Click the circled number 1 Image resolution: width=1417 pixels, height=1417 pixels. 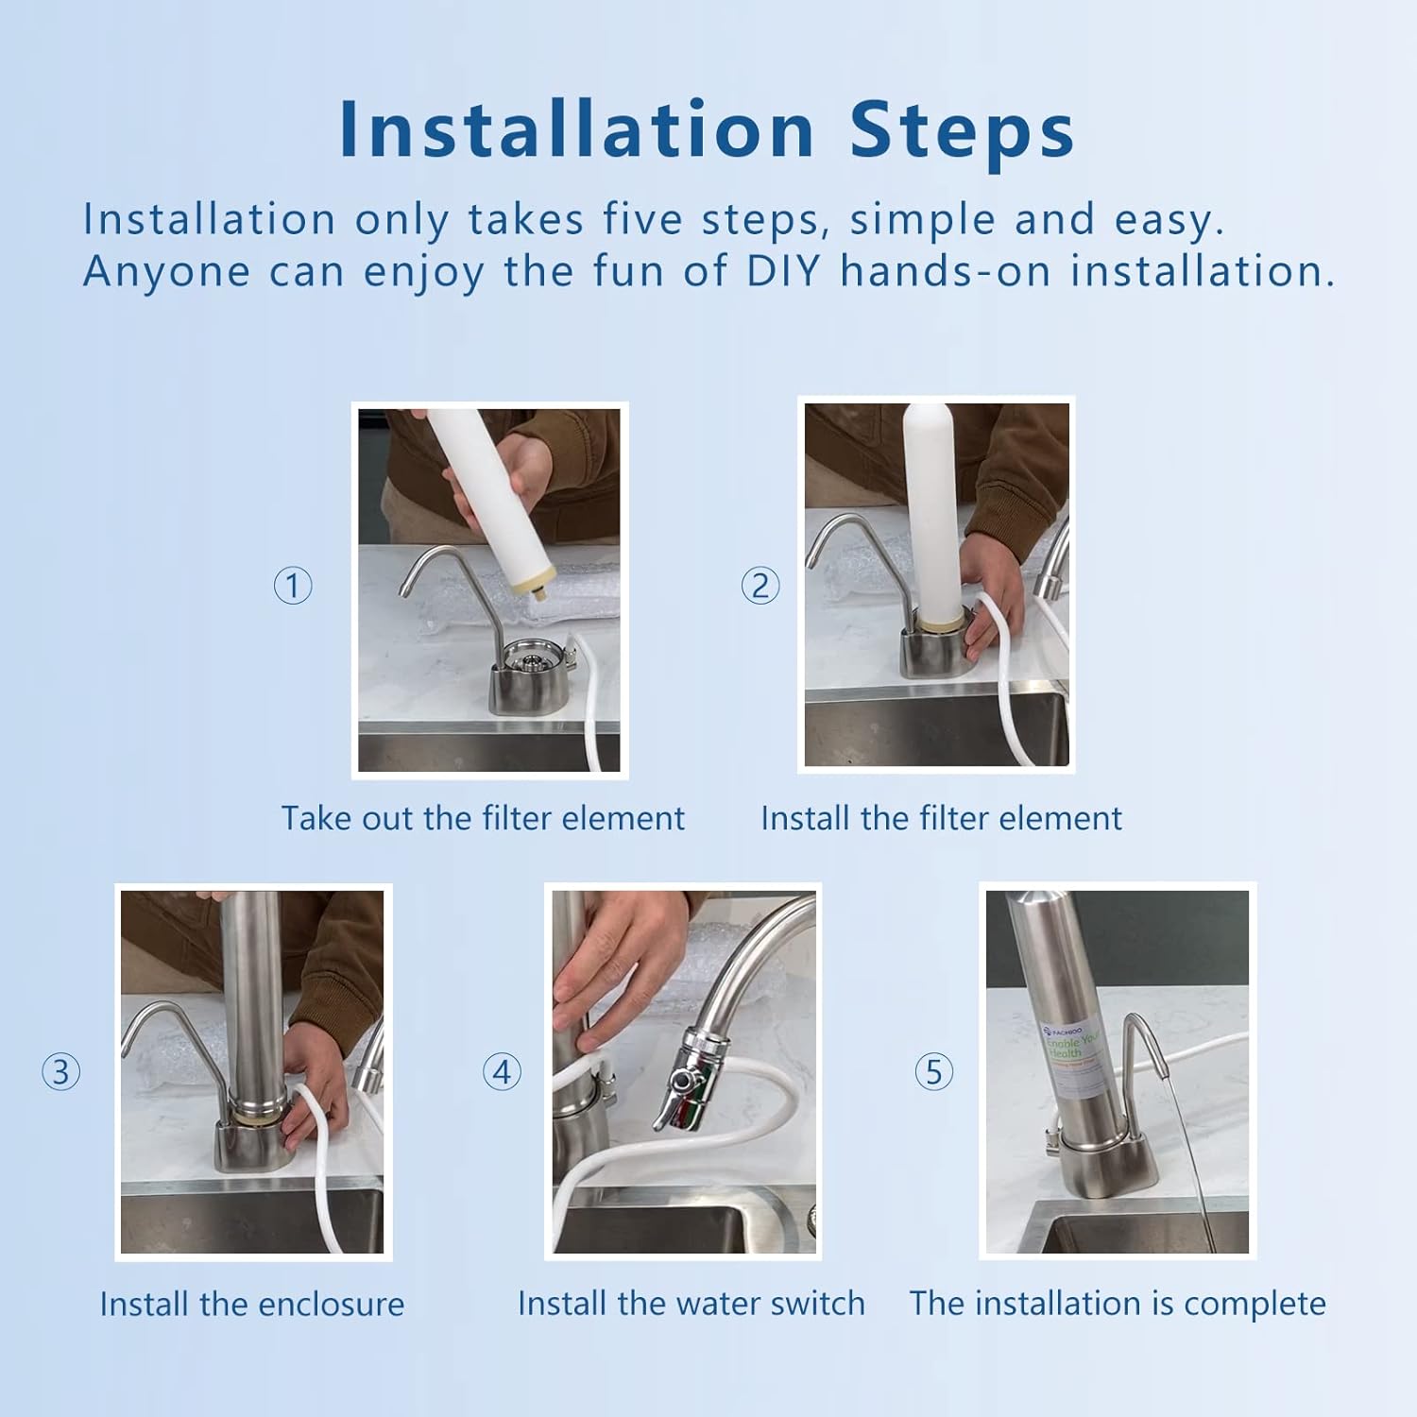point(293,586)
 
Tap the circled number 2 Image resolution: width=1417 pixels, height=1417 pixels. point(760,586)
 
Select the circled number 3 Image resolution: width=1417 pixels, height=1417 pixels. point(61,1072)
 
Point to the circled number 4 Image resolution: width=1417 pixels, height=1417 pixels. point(502,1072)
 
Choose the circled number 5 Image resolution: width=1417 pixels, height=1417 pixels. point(933,1072)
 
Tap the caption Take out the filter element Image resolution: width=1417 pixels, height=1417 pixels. point(483,818)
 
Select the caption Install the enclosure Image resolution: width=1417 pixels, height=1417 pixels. point(251,1305)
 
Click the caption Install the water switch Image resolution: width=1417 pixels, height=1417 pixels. point(691,1304)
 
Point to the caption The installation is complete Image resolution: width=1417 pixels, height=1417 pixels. point(1118,1304)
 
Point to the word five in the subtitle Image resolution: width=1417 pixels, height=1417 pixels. point(642,219)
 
